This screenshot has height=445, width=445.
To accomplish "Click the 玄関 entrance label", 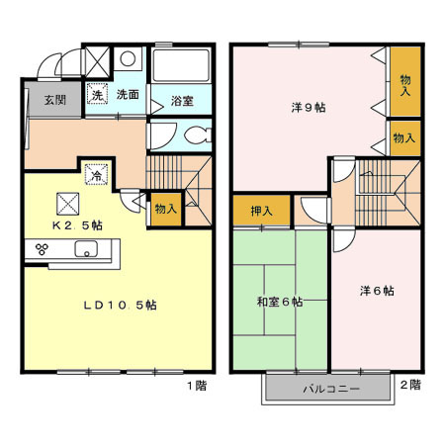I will (x=54, y=99).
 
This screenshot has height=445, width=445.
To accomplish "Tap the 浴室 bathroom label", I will (x=180, y=101).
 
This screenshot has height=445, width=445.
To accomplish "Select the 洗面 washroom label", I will (x=128, y=95).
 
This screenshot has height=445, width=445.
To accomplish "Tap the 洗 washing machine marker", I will (x=97, y=96).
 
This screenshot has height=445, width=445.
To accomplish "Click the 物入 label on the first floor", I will (x=165, y=209).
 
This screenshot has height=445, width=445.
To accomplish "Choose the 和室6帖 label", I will (x=281, y=302).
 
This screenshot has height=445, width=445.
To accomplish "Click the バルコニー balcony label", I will (x=330, y=390).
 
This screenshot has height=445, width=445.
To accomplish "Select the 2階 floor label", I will (x=409, y=385).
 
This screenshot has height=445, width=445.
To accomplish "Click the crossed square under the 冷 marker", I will (x=69, y=203).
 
